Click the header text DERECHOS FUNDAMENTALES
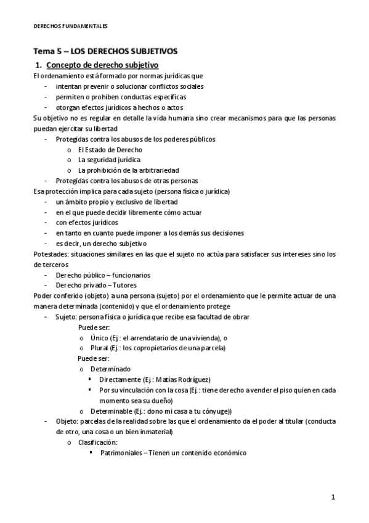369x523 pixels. click(x=70, y=26)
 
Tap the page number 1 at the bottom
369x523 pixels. click(x=333, y=496)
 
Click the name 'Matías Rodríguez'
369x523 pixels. click(x=184, y=379)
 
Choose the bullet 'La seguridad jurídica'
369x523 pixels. click(x=109, y=160)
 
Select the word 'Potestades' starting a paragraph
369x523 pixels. click(x=51, y=253)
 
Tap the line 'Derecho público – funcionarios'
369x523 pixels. click(x=103, y=275)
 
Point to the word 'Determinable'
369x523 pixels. click(x=110, y=411)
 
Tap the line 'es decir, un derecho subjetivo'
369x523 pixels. click(x=101, y=243)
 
